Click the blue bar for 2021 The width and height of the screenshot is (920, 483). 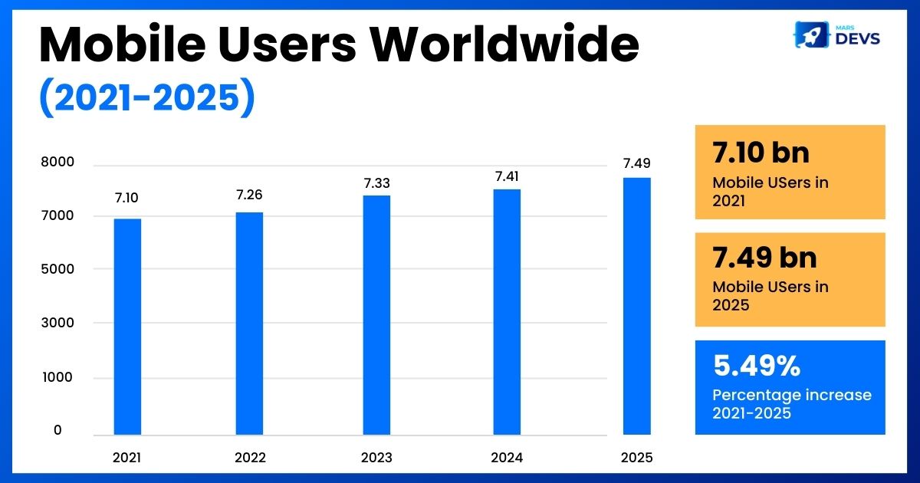pos(127,327)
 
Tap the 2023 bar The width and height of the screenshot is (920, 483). pos(376,315)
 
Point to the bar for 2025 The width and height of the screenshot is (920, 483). pos(636,306)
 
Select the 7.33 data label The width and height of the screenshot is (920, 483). pos(376,182)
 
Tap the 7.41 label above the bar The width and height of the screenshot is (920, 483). pos(507,176)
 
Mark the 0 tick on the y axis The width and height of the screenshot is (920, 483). pos(58,431)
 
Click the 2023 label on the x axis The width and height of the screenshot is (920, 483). pos(376,458)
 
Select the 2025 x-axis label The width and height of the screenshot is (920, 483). pos(636,458)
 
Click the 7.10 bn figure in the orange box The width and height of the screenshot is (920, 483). pos(761,153)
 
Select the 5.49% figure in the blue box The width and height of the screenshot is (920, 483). pos(757,366)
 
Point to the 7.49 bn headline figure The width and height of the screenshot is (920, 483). pos(764,258)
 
